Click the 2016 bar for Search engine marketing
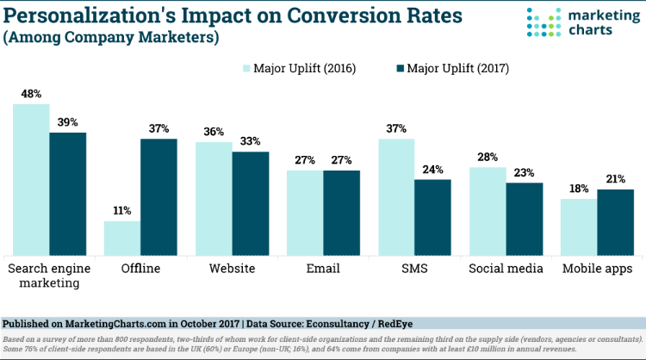30,178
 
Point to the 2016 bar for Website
214,197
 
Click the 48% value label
30,95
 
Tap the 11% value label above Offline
121,211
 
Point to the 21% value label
615,179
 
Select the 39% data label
67,123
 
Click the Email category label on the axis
323,269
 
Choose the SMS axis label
414,269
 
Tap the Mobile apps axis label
597,269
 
